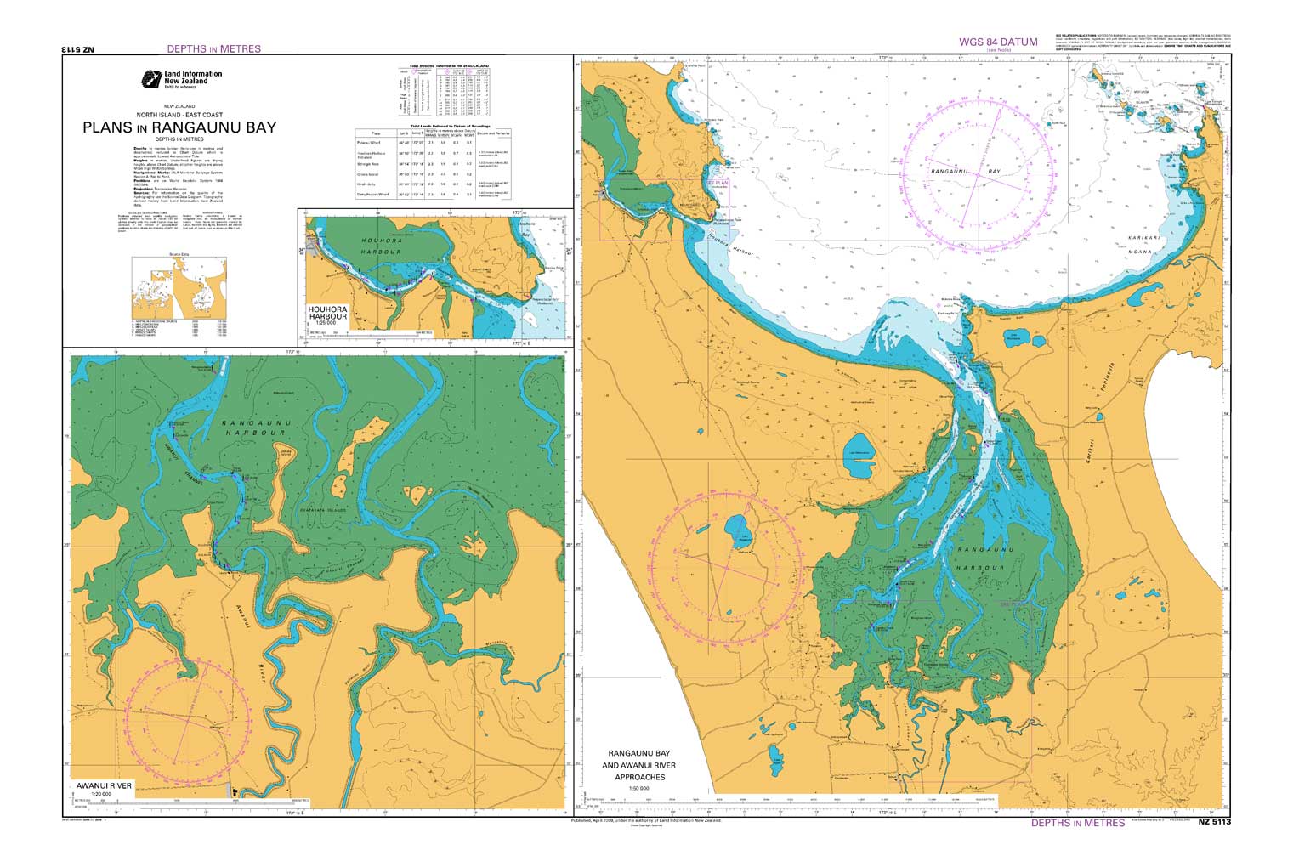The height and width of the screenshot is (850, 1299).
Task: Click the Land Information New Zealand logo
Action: [x=181, y=78]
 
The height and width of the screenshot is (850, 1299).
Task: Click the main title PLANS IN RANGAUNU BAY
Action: [x=179, y=127]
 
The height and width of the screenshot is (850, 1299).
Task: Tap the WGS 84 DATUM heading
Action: [x=998, y=42]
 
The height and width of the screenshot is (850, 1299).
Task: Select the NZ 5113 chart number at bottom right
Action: [x=1214, y=822]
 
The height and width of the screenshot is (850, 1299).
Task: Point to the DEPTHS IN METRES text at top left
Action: [x=213, y=49]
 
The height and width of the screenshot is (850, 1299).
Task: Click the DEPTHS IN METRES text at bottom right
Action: [x=1077, y=823]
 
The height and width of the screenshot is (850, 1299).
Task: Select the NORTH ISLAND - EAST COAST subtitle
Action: [x=179, y=114]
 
